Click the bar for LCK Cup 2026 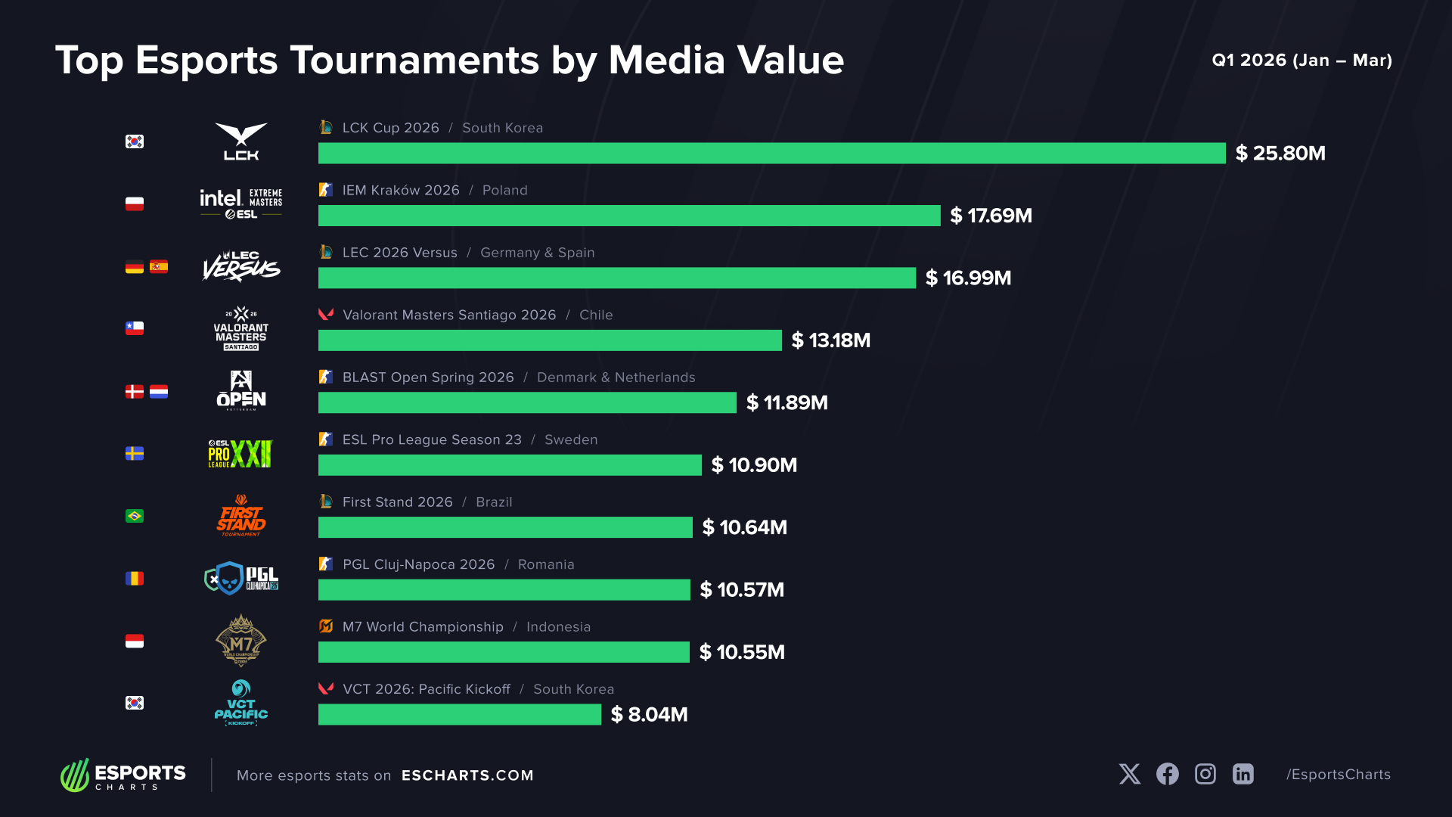click(x=771, y=153)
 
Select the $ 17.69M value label click(x=991, y=216)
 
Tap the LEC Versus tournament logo click(x=241, y=266)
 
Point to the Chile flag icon click(x=135, y=328)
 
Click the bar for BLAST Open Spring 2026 click(x=527, y=402)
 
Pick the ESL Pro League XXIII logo click(x=240, y=454)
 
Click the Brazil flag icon click(x=135, y=516)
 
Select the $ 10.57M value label click(x=742, y=590)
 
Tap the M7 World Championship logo click(x=241, y=641)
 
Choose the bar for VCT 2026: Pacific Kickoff click(x=460, y=714)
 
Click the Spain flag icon click(x=159, y=266)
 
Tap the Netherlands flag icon click(x=159, y=391)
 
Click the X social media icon click(x=1130, y=774)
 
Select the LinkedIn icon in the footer click(x=1243, y=774)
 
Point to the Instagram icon click(x=1205, y=774)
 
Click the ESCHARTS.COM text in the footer click(x=467, y=775)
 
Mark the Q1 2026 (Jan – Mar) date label click(x=1302, y=61)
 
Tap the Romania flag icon click(x=135, y=579)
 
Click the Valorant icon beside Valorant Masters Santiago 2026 click(x=326, y=314)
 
